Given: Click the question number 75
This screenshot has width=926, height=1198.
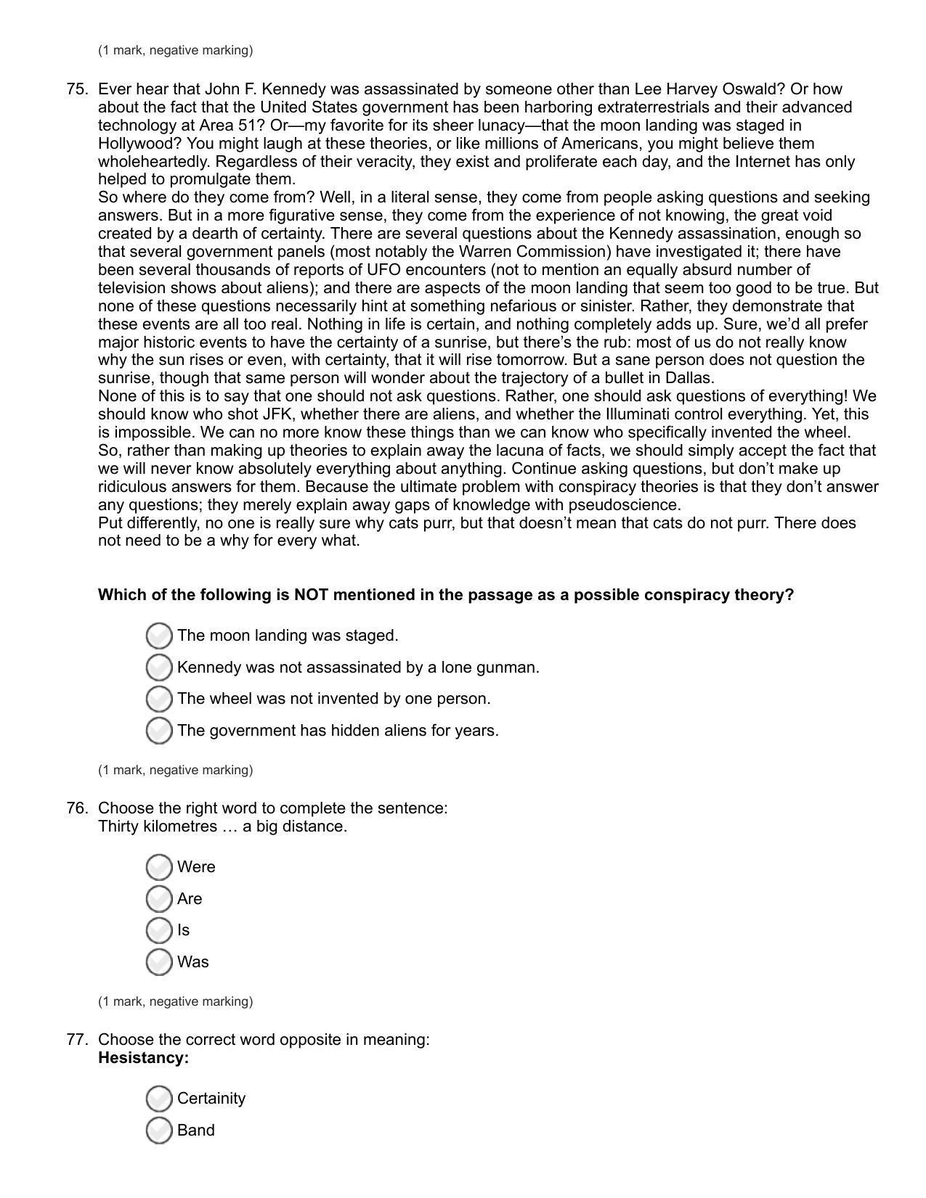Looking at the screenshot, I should [77, 89].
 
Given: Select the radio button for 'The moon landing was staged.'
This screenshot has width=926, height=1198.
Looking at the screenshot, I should [159, 636].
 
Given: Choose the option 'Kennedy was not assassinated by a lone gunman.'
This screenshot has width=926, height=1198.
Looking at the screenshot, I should [159, 667].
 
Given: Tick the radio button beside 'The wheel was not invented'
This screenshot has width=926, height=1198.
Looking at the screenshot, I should [159, 699].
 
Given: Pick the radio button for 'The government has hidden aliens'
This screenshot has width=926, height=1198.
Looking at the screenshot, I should [159, 731].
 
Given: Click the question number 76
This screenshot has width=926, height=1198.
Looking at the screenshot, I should [77, 808].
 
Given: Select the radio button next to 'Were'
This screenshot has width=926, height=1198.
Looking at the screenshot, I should [159, 867].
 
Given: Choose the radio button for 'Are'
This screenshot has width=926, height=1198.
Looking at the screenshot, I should [159, 899].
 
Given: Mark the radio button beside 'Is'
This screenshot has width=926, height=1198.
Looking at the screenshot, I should [159, 930].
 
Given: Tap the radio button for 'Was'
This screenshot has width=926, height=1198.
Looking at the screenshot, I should [159, 962].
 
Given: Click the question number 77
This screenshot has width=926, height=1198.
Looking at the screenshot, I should [77, 1040].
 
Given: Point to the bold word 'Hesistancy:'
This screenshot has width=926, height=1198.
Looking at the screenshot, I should [143, 1058].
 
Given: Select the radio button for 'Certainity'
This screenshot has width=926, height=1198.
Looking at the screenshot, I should [159, 1099].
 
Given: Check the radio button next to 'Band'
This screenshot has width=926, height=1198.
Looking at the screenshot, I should [159, 1131].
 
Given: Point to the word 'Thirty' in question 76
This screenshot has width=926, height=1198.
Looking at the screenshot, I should [121, 826].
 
